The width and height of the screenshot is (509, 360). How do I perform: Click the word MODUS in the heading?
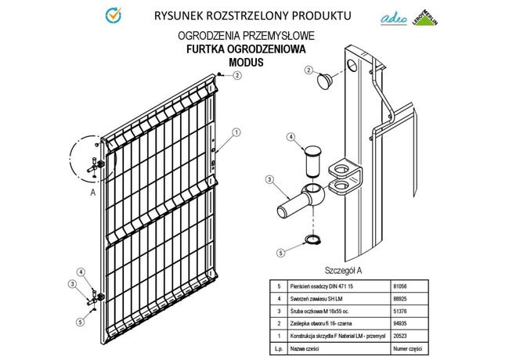[246, 61]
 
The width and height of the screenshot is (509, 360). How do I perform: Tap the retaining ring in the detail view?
[311, 240]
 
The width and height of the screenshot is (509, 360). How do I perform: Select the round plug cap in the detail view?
[323, 79]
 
